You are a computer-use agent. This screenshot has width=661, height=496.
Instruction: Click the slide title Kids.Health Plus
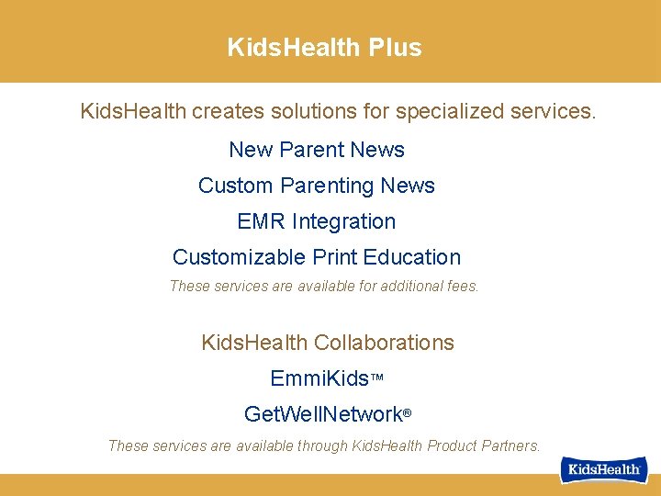[x=324, y=48]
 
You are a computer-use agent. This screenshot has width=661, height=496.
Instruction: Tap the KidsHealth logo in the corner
[x=605, y=469]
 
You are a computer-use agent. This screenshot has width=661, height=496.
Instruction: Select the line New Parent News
[x=317, y=150]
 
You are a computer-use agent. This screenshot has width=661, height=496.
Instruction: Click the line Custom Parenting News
[x=317, y=186]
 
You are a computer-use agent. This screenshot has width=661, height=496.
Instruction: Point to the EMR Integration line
[x=317, y=221]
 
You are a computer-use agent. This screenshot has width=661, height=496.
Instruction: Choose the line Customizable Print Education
[x=317, y=257]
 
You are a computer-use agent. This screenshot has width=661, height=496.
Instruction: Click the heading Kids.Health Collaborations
[x=328, y=343]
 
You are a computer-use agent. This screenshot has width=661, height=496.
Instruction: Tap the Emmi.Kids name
[x=319, y=378]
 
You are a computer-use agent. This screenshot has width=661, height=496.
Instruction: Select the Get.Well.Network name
[x=323, y=414]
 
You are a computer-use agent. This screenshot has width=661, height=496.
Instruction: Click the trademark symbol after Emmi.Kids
[x=376, y=378]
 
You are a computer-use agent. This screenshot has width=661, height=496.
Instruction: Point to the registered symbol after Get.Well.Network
[x=407, y=413]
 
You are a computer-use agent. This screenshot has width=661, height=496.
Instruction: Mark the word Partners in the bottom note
[x=510, y=446]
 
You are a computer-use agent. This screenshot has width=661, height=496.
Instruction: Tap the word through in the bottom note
[x=319, y=446]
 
